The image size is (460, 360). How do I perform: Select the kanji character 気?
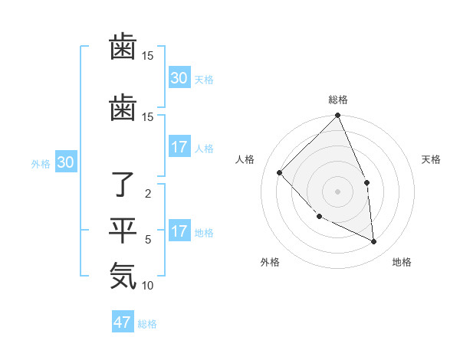tap(123, 276)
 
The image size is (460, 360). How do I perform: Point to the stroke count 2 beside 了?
tap(148, 194)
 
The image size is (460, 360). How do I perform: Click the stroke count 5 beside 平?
tap(148, 240)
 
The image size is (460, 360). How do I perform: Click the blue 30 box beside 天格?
tap(179, 78)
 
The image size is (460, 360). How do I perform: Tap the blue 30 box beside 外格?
tap(65, 162)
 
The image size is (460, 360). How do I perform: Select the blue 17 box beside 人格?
tap(179, 147)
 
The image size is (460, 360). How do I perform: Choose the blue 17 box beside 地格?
tap(179, 231)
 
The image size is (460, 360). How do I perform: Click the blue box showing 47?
tap(123, 322)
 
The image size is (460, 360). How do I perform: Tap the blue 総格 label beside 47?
tap(147, 324)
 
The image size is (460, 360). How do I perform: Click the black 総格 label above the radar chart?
tap(337, 100)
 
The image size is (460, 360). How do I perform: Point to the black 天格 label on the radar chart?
tap(432, 159)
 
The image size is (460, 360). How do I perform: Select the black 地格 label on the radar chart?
tap(402, 262)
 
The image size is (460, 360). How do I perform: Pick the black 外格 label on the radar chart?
tap(270, 262)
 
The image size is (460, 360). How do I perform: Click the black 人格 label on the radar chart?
tap(245, 159)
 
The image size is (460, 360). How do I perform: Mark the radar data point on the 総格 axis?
tap(337, 116)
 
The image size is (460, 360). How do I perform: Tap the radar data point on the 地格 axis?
tap(374, 242)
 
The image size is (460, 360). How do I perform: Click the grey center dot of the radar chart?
tap(337, 191)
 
